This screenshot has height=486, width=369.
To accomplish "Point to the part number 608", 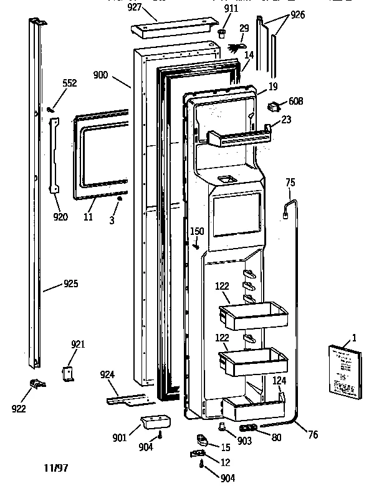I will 296,101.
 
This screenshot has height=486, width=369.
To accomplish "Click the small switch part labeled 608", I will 273,107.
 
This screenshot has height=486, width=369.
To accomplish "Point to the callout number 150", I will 197,232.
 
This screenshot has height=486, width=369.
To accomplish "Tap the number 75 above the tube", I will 290,183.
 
